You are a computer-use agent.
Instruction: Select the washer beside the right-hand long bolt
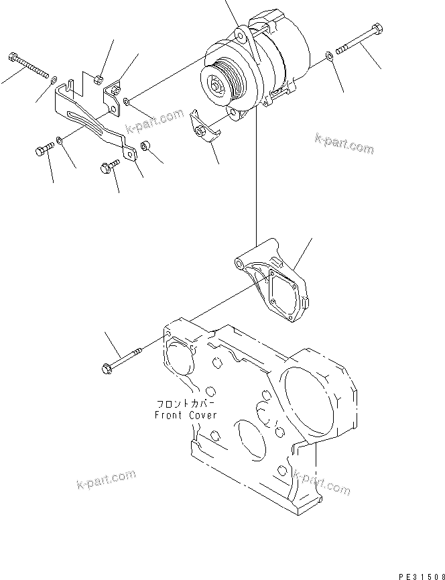coord(327,57)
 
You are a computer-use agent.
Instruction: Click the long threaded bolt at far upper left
coord(30,64)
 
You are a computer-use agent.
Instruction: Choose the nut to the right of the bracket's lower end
coord(144,146)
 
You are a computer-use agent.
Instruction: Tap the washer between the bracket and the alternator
coord(127,102)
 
